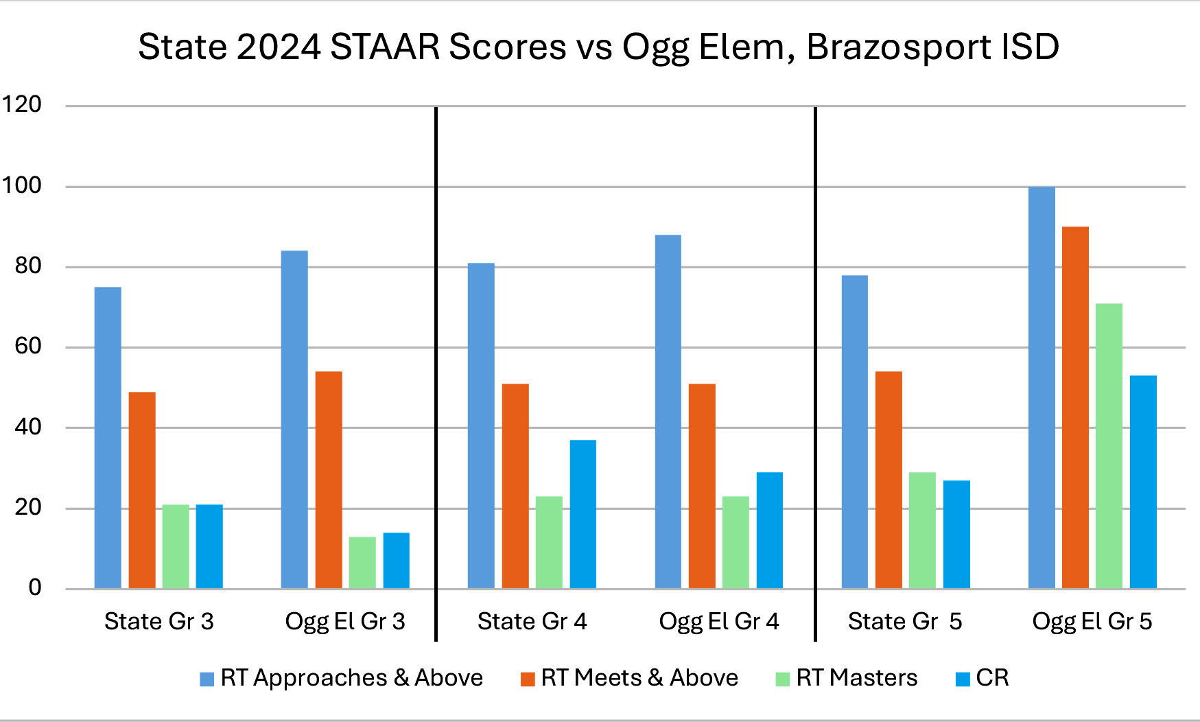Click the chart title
(598, 47)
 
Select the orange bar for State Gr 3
(142, 490)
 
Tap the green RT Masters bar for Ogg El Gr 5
(1109, 446)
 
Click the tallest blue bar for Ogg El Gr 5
(1042, 388)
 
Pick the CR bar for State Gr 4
(583, 514)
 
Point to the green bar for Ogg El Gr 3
(362, 563)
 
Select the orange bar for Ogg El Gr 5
(1075, 408)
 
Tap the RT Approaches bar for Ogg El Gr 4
(668, 412)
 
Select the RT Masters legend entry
(847, 678)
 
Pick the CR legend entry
(983, 678)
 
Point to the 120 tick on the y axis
(21, 104)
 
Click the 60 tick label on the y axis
(28, 346)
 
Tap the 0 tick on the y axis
(35, 587)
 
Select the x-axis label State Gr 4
(532, 621)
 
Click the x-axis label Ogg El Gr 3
(345, 621)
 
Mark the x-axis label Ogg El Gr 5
(1092, 621)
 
